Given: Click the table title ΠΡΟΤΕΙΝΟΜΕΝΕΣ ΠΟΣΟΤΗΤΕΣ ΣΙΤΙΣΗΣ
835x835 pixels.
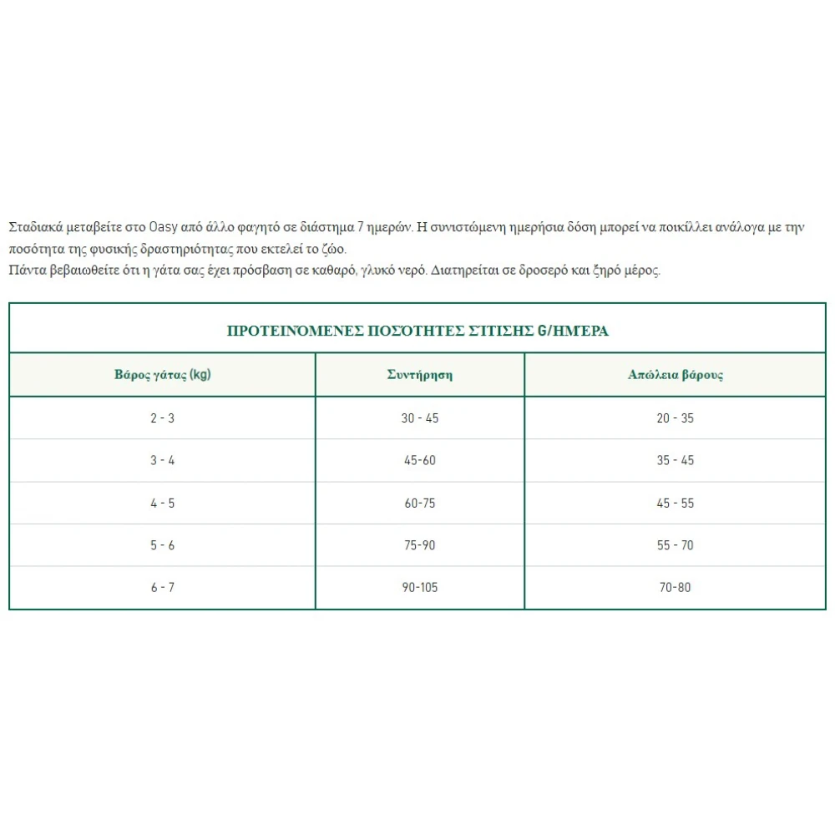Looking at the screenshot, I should click(417, 331).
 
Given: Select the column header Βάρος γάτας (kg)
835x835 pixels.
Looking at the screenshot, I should click(163, 374).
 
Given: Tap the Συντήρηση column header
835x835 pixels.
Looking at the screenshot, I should click(419, 374).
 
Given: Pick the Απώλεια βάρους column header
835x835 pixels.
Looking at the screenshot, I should click(676, 374).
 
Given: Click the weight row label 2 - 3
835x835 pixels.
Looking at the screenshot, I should click(163, 418).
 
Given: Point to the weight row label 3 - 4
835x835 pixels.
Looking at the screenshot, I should click(163, 461).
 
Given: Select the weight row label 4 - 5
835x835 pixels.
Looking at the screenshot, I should click(163, 504).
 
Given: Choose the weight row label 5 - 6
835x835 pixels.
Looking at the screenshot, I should click(163, 545).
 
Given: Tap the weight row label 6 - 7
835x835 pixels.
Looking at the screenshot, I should click(163, 588).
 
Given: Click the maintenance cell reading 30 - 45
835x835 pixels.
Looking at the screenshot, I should click(419, 418).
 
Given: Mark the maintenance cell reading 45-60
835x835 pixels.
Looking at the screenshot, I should click(419, 461).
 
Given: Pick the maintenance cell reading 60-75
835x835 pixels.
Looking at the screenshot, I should click(419, 504).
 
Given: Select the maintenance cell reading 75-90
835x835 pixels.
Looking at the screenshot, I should click(419, 545).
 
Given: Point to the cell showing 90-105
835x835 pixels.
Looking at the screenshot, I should click(419, 588).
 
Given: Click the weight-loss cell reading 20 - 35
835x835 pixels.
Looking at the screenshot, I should click(676, 418).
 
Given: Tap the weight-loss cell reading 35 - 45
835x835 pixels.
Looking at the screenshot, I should click(676, 461).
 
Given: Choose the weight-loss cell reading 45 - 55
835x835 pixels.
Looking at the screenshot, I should click(676, 504).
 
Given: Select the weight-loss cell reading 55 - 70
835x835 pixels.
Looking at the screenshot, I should click(676, 545).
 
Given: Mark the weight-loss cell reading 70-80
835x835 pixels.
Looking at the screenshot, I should click(676, 588).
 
